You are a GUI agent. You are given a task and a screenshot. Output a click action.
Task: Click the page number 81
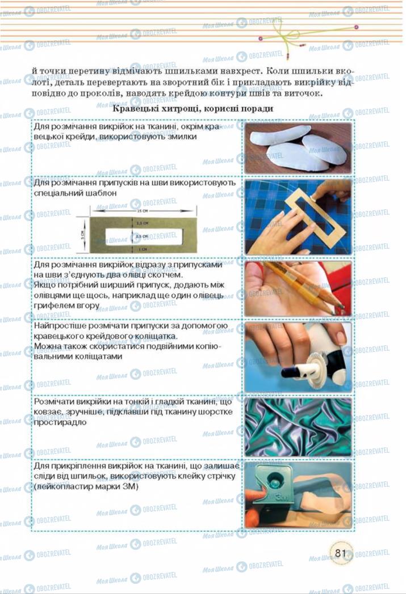point(341,553)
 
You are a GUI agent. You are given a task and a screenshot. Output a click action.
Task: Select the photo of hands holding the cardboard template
point(298,217)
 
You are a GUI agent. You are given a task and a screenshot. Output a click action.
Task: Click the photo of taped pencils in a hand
point(298,288)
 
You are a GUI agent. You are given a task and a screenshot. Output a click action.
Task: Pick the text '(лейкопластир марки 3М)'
point(86,486)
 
